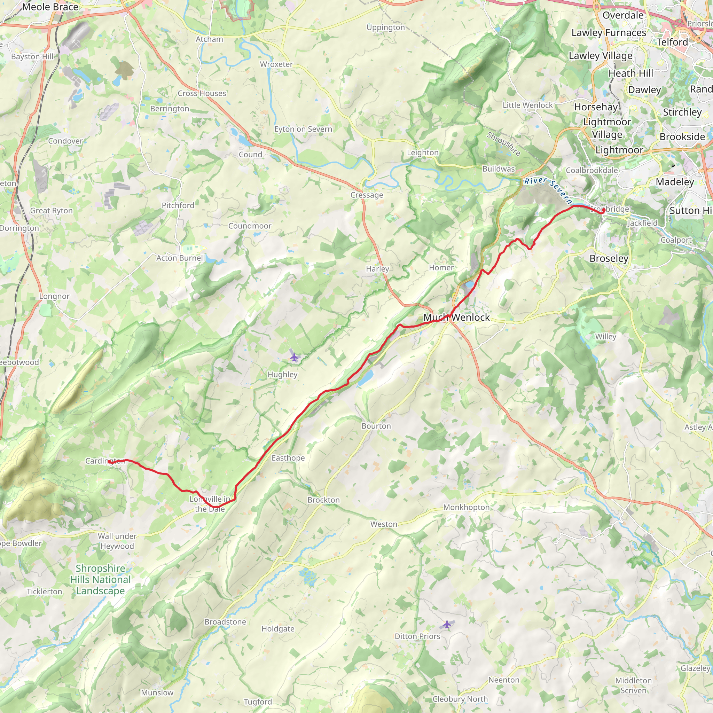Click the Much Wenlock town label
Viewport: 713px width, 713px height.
(456, 318)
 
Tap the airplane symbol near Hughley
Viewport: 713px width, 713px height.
(294, 357)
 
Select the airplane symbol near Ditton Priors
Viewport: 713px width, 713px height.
(447, 625)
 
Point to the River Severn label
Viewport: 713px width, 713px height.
(548, 190)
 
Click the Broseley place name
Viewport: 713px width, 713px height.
(609, 258)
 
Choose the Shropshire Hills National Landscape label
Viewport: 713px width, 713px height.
(100, 580)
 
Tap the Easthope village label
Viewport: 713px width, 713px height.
(288, 458)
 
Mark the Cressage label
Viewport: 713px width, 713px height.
(367, 195)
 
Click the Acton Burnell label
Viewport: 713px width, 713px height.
(180, 258)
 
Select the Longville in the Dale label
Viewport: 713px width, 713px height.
(210, 504)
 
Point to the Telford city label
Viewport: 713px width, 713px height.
(672, 42)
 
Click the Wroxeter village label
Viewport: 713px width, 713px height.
(276, 64)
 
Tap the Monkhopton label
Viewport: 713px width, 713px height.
(467, 508)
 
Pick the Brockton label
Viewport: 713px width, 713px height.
(324, 500)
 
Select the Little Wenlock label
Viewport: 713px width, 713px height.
(528, 105)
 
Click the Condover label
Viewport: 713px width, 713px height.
(65, 141)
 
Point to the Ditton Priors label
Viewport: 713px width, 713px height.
(417, 636)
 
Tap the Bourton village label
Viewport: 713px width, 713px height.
(376, 426)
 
